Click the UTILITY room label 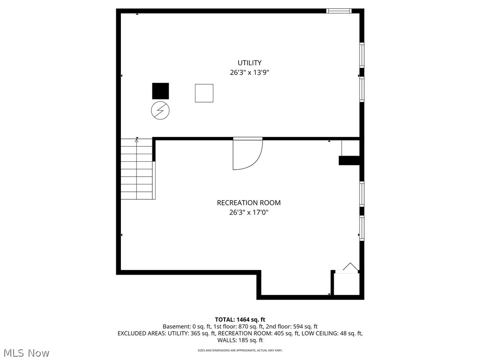click(249, 63)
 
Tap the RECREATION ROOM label click(248, 203)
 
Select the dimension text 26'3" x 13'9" click(249, 73)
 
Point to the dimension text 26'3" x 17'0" click(248, 212)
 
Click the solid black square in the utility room click(160, 91)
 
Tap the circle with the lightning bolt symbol click(160, 110)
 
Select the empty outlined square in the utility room click(204, 93)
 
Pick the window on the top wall click(339, 11)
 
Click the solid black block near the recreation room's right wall click(349, 160)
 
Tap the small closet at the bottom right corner click(346, 284)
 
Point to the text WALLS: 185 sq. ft click(240, 340)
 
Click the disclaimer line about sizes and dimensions click(240, 350)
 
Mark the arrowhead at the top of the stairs click(137, 140)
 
